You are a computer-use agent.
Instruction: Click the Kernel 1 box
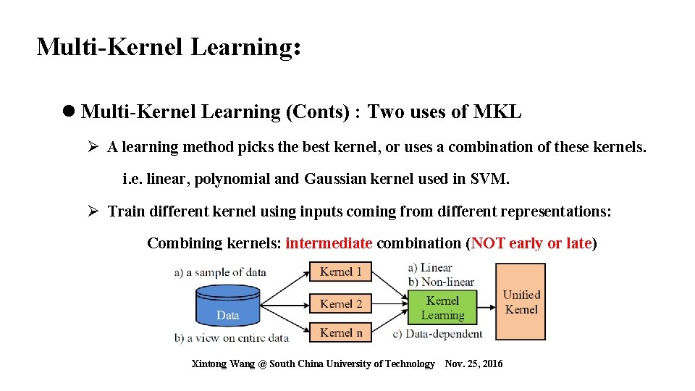pyautogui.click(x=340, y=272)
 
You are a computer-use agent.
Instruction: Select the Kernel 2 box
pyautogui.click(x=340, y=303)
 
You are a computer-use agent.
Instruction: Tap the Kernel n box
pyautogui.click(x=340, y=332)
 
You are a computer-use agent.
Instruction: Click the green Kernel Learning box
pyautogui.click(x=442, y=308)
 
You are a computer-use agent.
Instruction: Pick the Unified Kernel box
pyautogui.click(x=521, y=302)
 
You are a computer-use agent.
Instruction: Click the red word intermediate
pyautogui.click(x=329, y=243)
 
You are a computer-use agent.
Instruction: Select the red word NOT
pyautogui.click(x=488, y=243)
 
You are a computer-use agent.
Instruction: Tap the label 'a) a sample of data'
pyautogui.click(x=220, y=273)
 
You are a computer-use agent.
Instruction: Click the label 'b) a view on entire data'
pyautogui.click(x=231, y=337)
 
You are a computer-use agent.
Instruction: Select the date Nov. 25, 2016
pyautogui.click(x=473, y=363)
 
